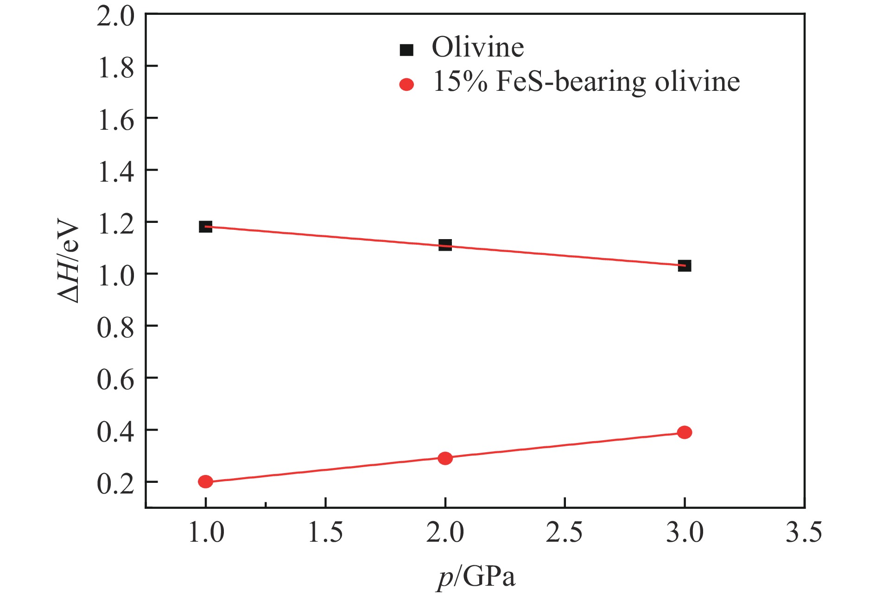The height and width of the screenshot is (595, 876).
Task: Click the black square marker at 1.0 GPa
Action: [x=205, y=227]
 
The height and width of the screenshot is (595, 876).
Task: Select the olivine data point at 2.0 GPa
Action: [x=445, y=245]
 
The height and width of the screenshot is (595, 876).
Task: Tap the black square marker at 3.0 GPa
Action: [x=685, y=266]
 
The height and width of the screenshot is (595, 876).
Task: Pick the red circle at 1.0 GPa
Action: [x=205, y=481]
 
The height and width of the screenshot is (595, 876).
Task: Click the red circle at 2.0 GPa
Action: [x=445, y=458]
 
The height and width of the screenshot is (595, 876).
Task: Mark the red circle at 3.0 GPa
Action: [x=685, y=432]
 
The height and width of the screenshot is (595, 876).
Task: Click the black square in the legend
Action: [x=406, y=50]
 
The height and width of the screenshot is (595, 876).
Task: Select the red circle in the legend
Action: [x=406, y=84]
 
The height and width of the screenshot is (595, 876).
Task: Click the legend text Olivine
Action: [x=478, y=47]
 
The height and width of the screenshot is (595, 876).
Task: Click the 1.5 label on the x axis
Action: [x=325, y=532]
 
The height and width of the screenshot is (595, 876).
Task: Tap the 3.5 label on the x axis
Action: [x=804, y=532]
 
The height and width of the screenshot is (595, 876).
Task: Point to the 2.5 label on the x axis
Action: [x=565, y=532]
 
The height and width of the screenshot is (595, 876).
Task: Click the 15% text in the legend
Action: [x=460, y=82]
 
